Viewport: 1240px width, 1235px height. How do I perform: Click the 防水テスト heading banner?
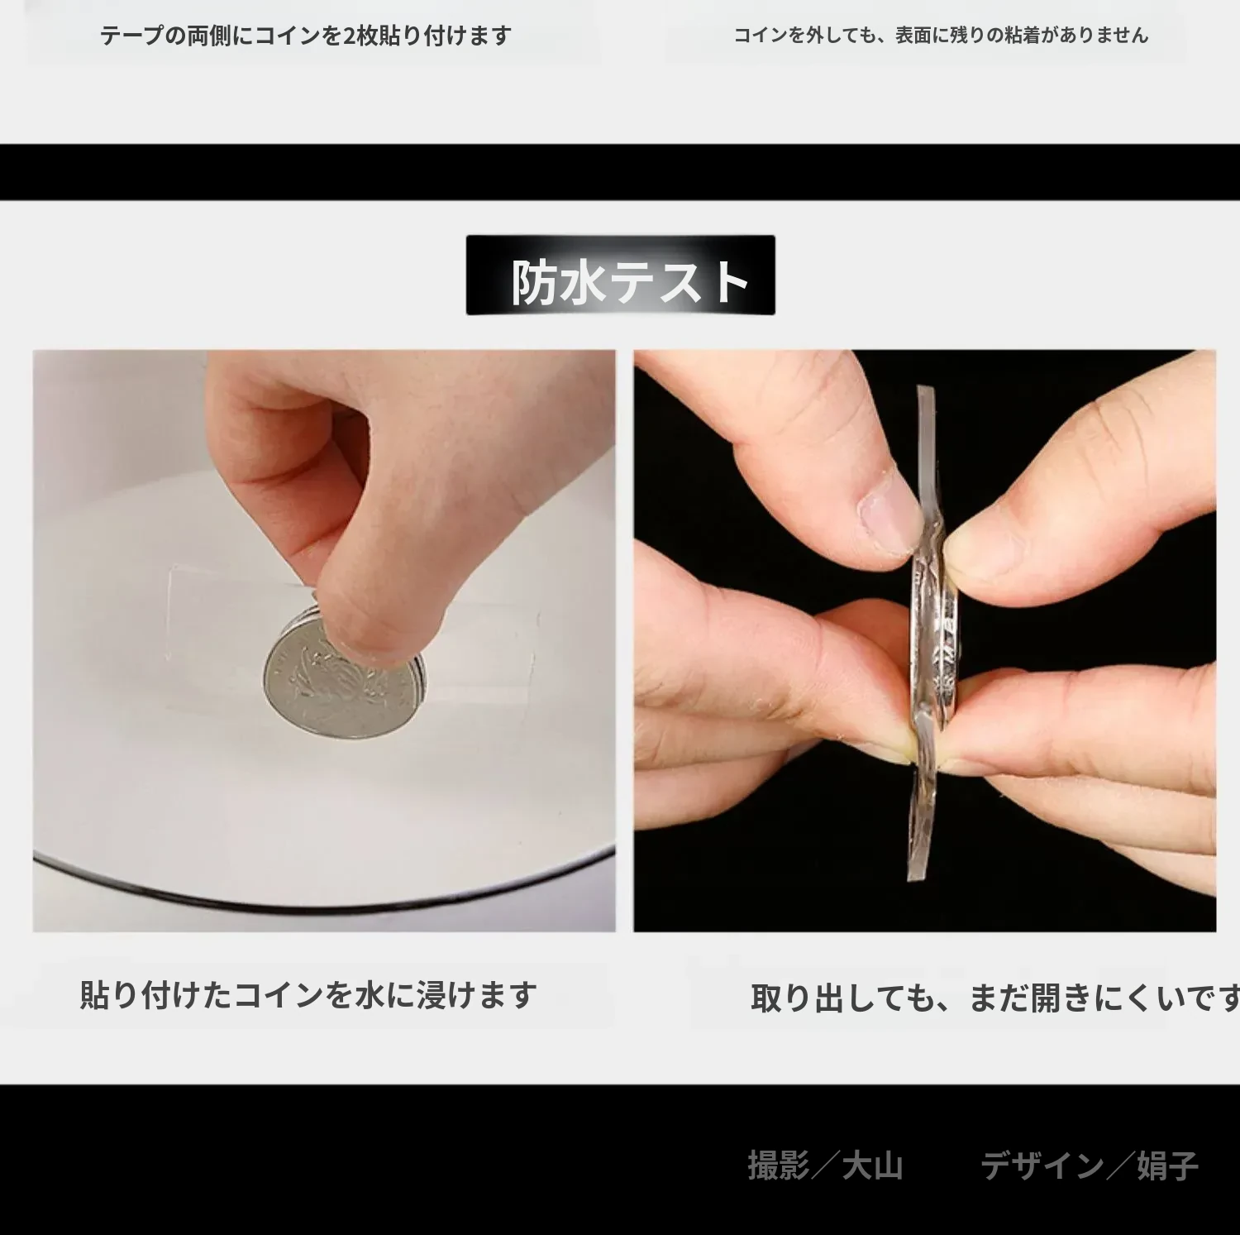pyautogui.click(x=620, y=275)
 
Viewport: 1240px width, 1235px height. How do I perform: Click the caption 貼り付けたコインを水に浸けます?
pyautogui.click(x=308, y=994)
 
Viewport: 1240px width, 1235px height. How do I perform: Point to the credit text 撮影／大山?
pyautogui.click(x=825, y=1166)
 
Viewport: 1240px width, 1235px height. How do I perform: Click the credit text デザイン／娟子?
pyautogui.click(x=1090, y=1166)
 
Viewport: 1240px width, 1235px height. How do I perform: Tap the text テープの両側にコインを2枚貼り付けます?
pyautogui.click(x=306, y=36)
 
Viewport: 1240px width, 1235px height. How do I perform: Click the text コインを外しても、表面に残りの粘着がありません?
pyautogui.click(x=941, y=35)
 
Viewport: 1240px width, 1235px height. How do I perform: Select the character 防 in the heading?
pyautogui.click(x=534, y=282)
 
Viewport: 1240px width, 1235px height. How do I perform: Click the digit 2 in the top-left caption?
pyautogui.click(x=349, y=36)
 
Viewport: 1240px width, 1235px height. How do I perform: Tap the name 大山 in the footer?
pyautogui.click(x=872, y=1166)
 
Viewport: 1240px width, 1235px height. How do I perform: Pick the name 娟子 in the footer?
pyautogui.click(x=1167, y=1166)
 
